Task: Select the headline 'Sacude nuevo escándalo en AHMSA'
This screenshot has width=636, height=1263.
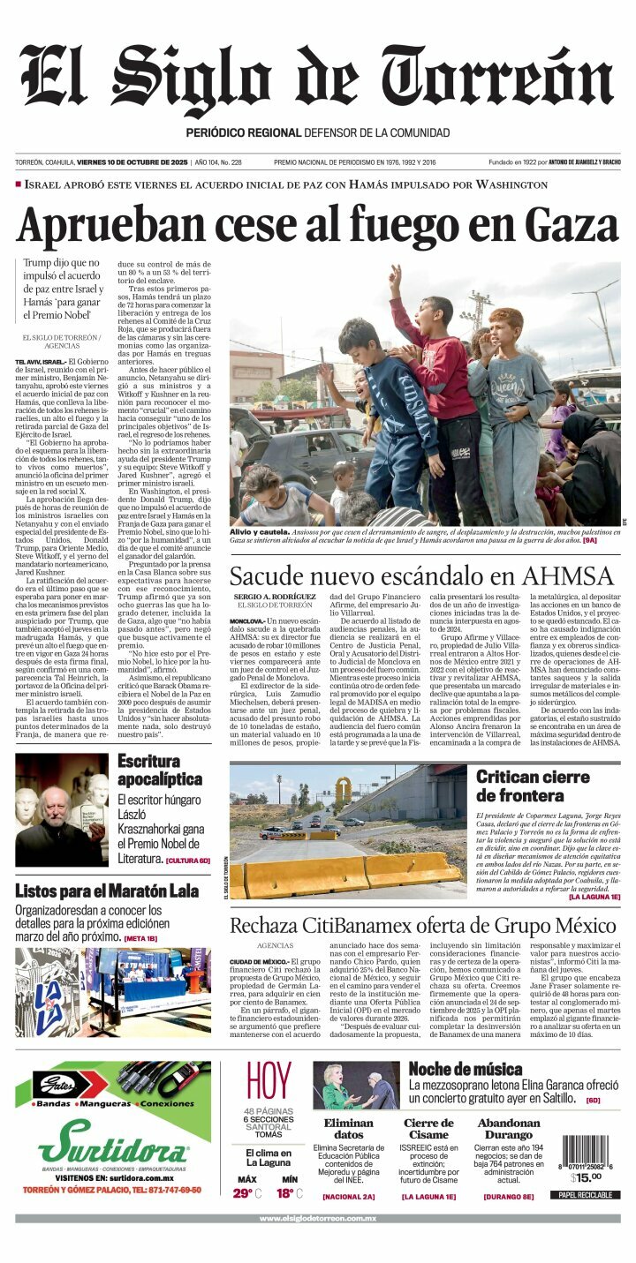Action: pyautogui.click(x=420, y=576)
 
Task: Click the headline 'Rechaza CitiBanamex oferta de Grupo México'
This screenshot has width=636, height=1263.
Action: pyautogui.click(x=423, y=926)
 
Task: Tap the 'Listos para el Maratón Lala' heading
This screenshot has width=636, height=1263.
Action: pyautogui.click(x=107, y=891)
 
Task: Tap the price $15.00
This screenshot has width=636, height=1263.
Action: pyautogui.click(x=586, y=1177)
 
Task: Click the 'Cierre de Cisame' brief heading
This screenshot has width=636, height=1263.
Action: pyautogui.click(x=428, y=1129)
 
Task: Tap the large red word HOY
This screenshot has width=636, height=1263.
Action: pyautogui.click(x=269, y=1082)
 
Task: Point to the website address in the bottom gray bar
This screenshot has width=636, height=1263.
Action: pyautogui.click(x=317, y=1219)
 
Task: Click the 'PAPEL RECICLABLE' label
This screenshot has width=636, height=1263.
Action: pyautogui.click(x=584, y=1195)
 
